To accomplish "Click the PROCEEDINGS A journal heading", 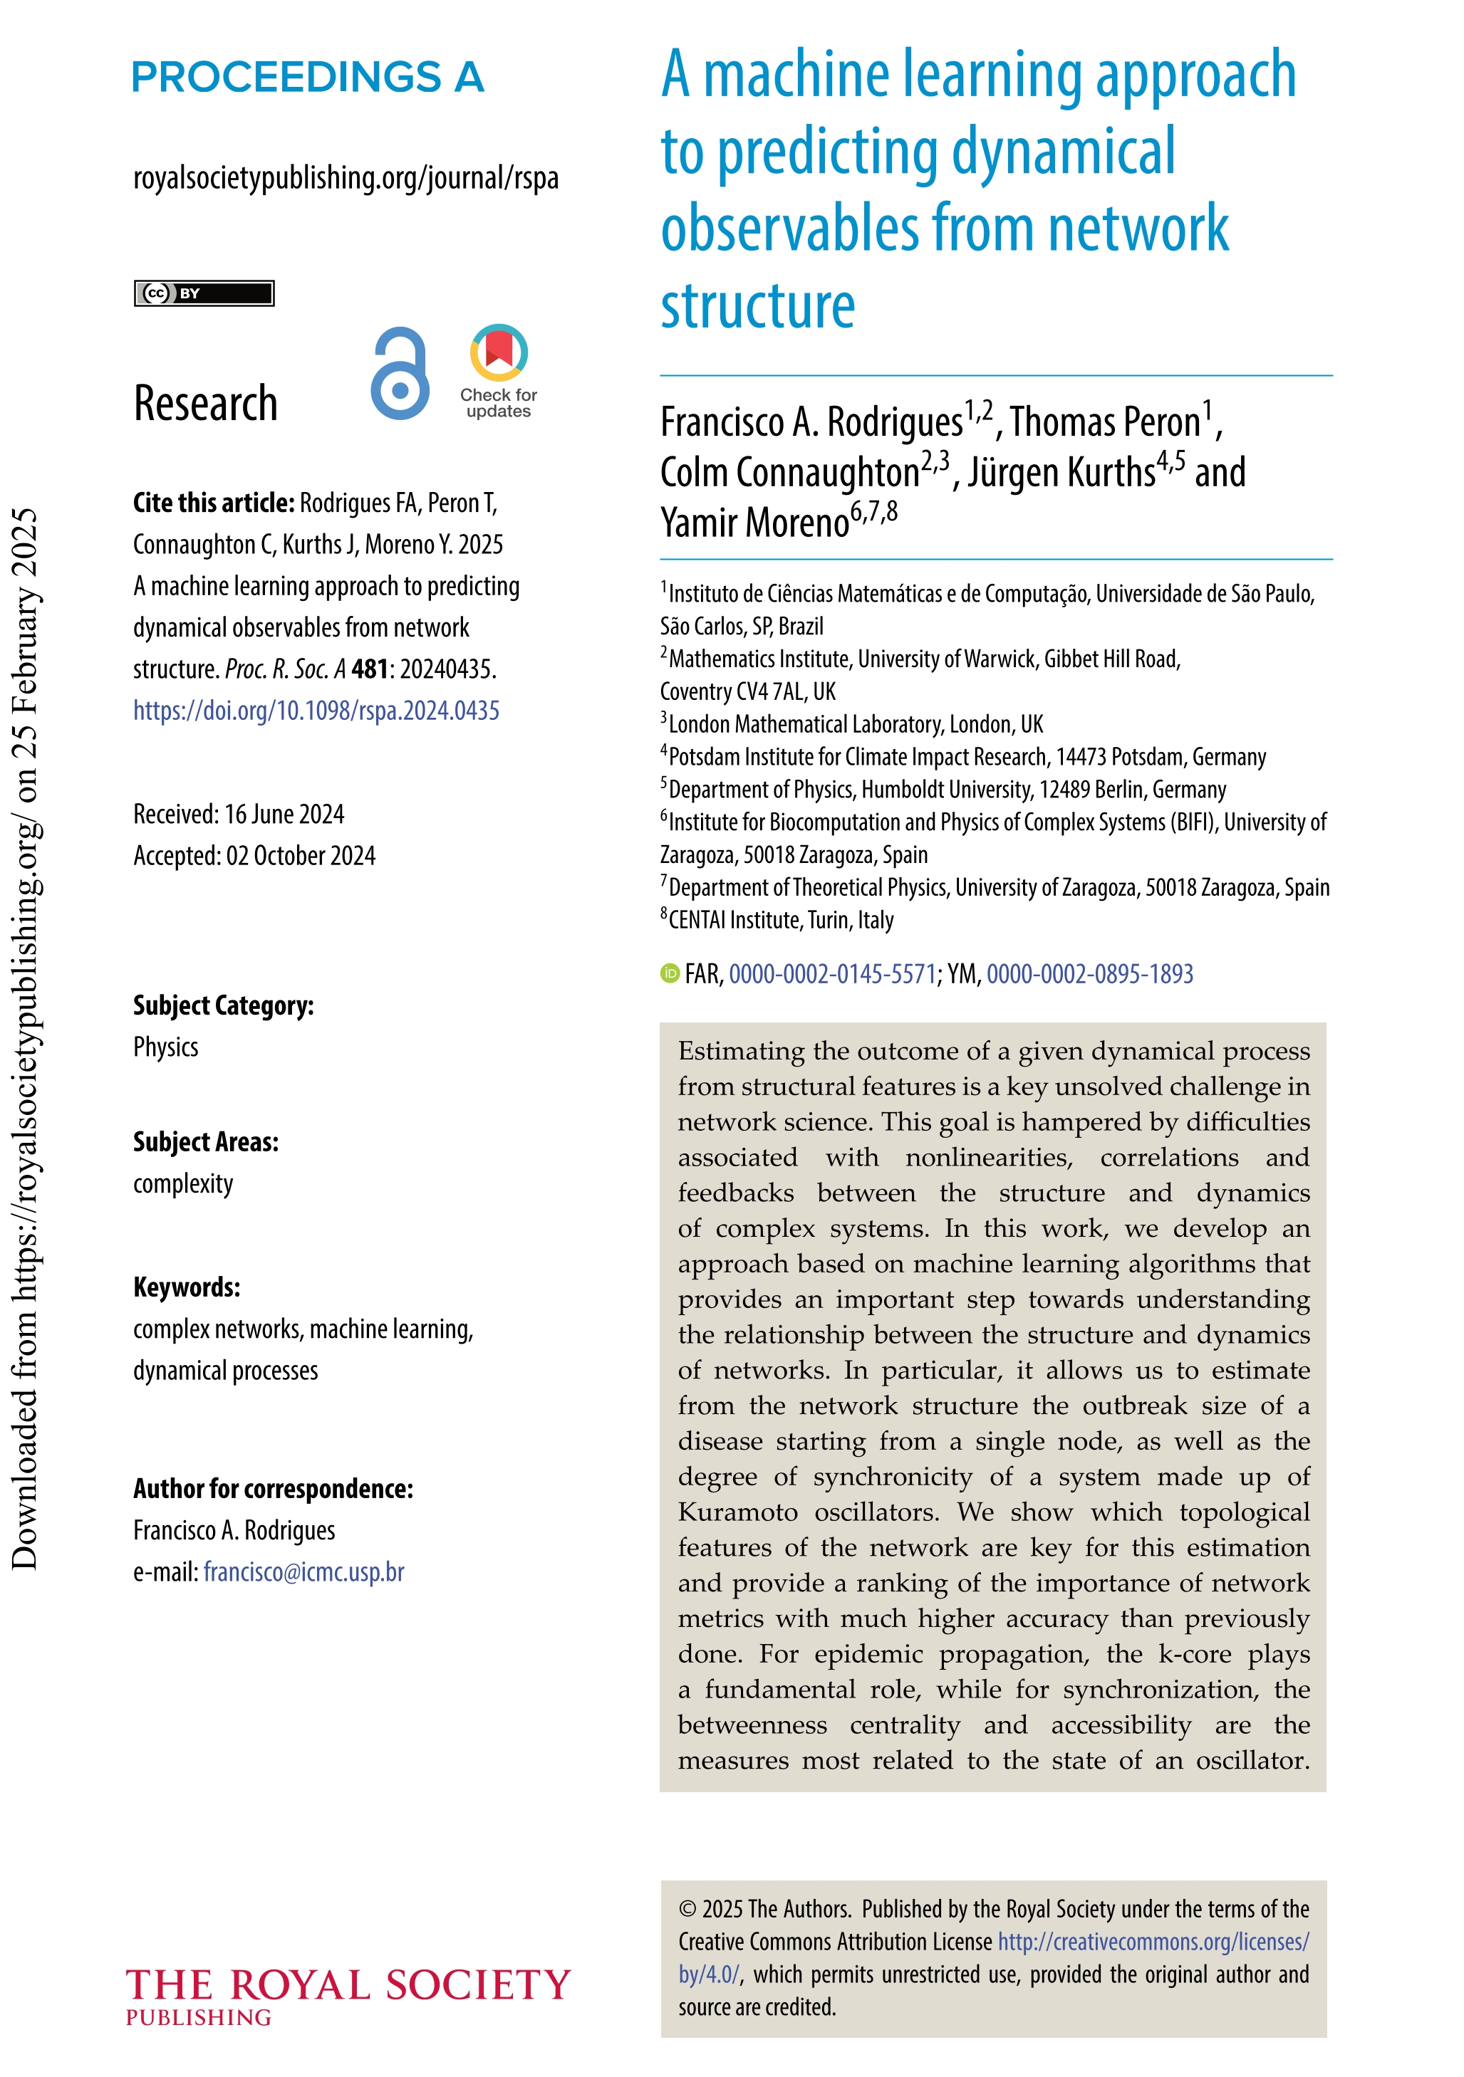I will (308, 78).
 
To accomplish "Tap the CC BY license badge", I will (204, 293).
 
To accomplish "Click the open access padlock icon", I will (399, 374).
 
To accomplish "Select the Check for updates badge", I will (499, 371).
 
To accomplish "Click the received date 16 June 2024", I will (238, 814).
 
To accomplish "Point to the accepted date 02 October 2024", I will (254, 856).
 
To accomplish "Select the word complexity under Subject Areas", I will (183, 1183).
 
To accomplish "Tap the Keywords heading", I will (187, 1287).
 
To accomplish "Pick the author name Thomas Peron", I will (1105, 422).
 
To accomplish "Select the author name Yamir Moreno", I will (754, 523).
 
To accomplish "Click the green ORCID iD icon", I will (670, 973).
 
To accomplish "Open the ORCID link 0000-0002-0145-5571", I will (831, 973).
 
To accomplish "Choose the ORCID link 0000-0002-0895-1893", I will (1089, 973).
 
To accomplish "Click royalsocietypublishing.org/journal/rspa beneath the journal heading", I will (346, 178).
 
